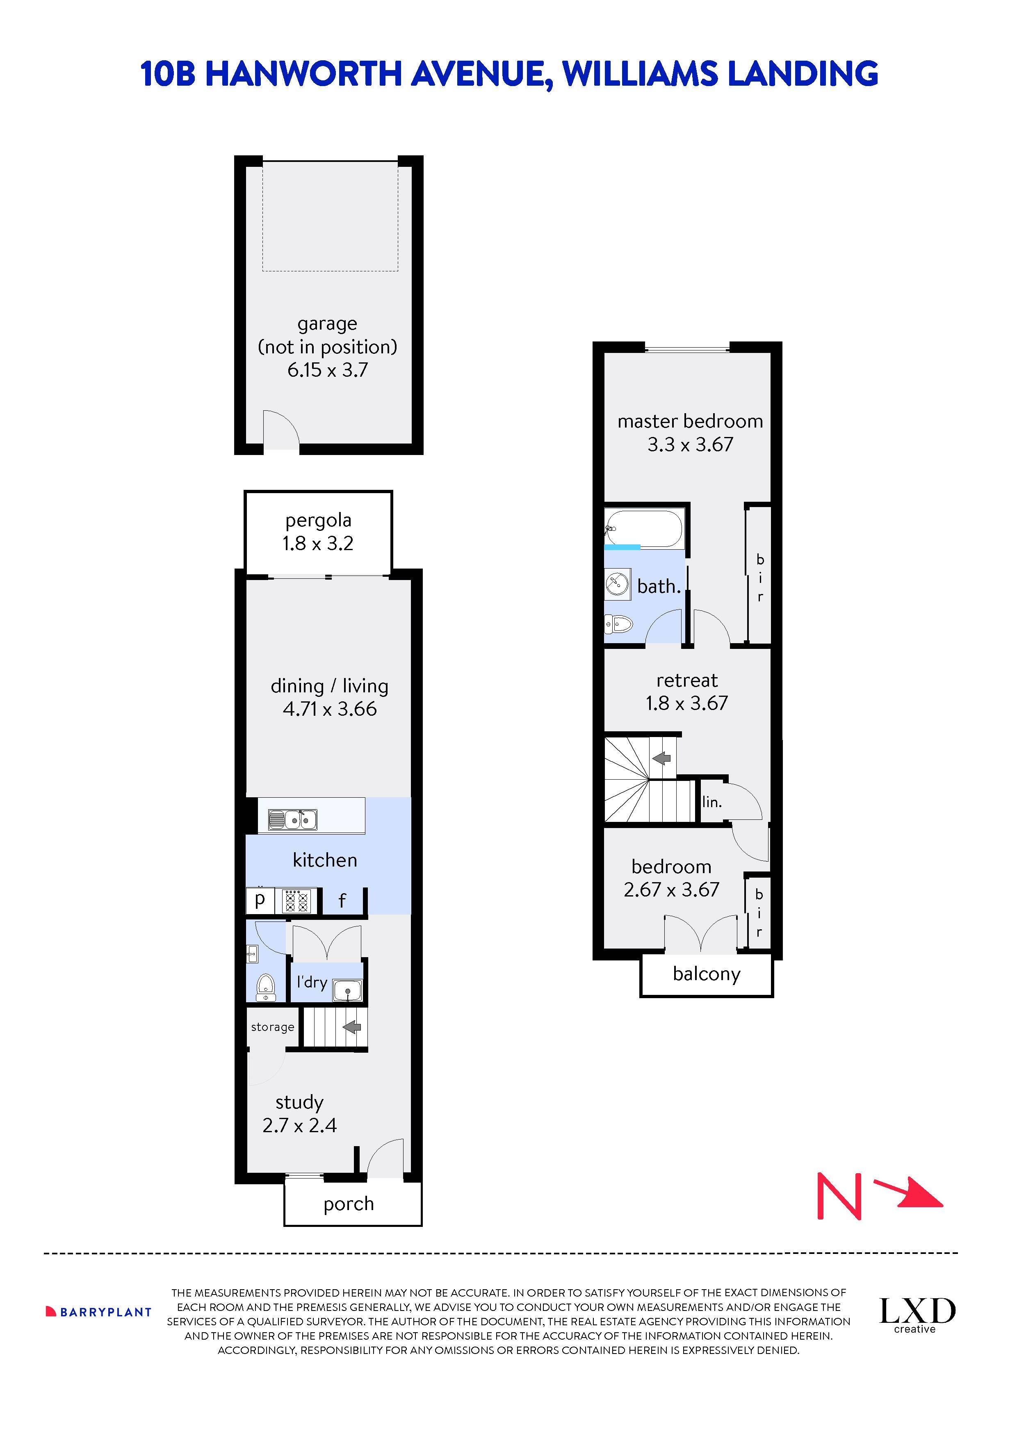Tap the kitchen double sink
tap(293, 819)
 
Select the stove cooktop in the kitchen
tap(297, 901)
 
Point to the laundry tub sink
tap(348, 990)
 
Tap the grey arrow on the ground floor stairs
tap(352, 1027)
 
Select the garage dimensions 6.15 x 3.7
tap(327, 370)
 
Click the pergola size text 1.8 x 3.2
tap(318, 543)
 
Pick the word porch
tap(349, 1204)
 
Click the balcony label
tap(706, 974)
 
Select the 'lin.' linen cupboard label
tap(712, 802)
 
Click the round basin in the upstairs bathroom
tap(617, 585)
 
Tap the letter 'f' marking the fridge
tap(342, 901)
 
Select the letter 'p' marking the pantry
tap(260, 900)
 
